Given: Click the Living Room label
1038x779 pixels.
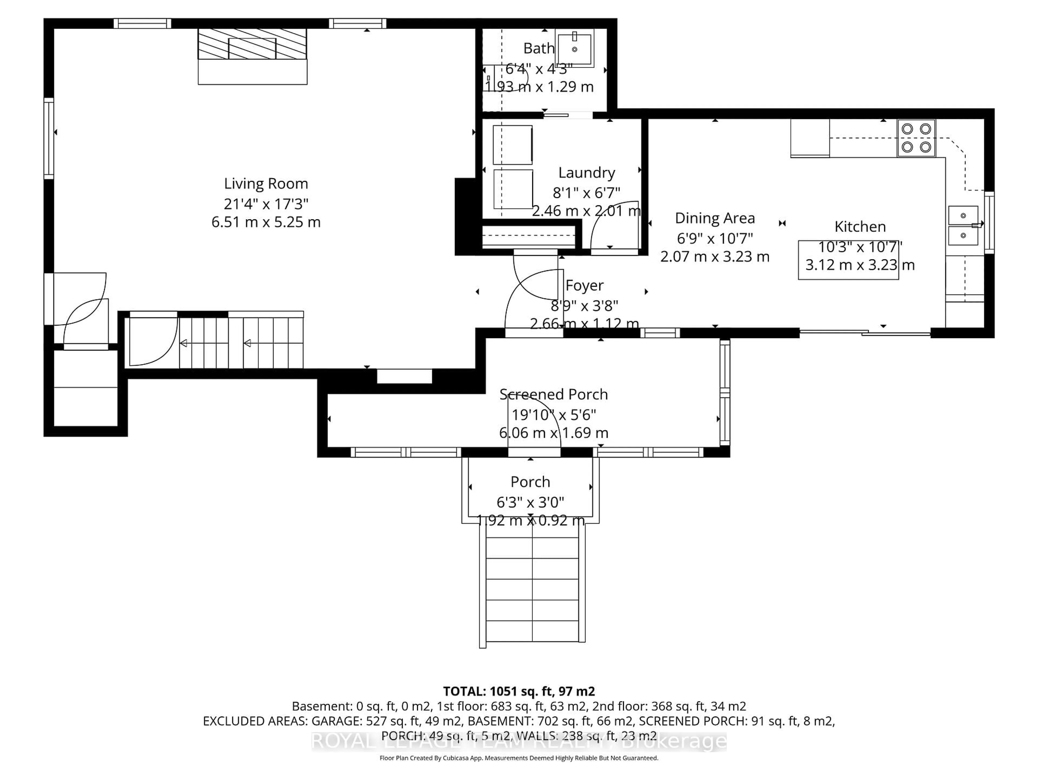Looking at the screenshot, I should [x=266, y=184].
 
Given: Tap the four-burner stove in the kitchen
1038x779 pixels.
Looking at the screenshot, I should [x=916, y=138].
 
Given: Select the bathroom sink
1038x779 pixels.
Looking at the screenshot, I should [x=574, y=48].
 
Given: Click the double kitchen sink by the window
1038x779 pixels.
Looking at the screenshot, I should [x=963, y=225].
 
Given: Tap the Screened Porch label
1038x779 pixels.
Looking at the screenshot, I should [x=553, y=394].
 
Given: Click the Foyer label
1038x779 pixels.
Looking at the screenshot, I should [x=584, y=285].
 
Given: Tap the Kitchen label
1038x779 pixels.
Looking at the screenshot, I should [x=860, y=227].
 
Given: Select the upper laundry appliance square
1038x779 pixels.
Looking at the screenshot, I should [x=513, y=145].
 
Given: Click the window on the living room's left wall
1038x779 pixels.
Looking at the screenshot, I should [x=49, y=138].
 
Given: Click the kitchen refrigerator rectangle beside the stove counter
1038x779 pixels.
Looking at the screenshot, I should [x=810, y=138].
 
